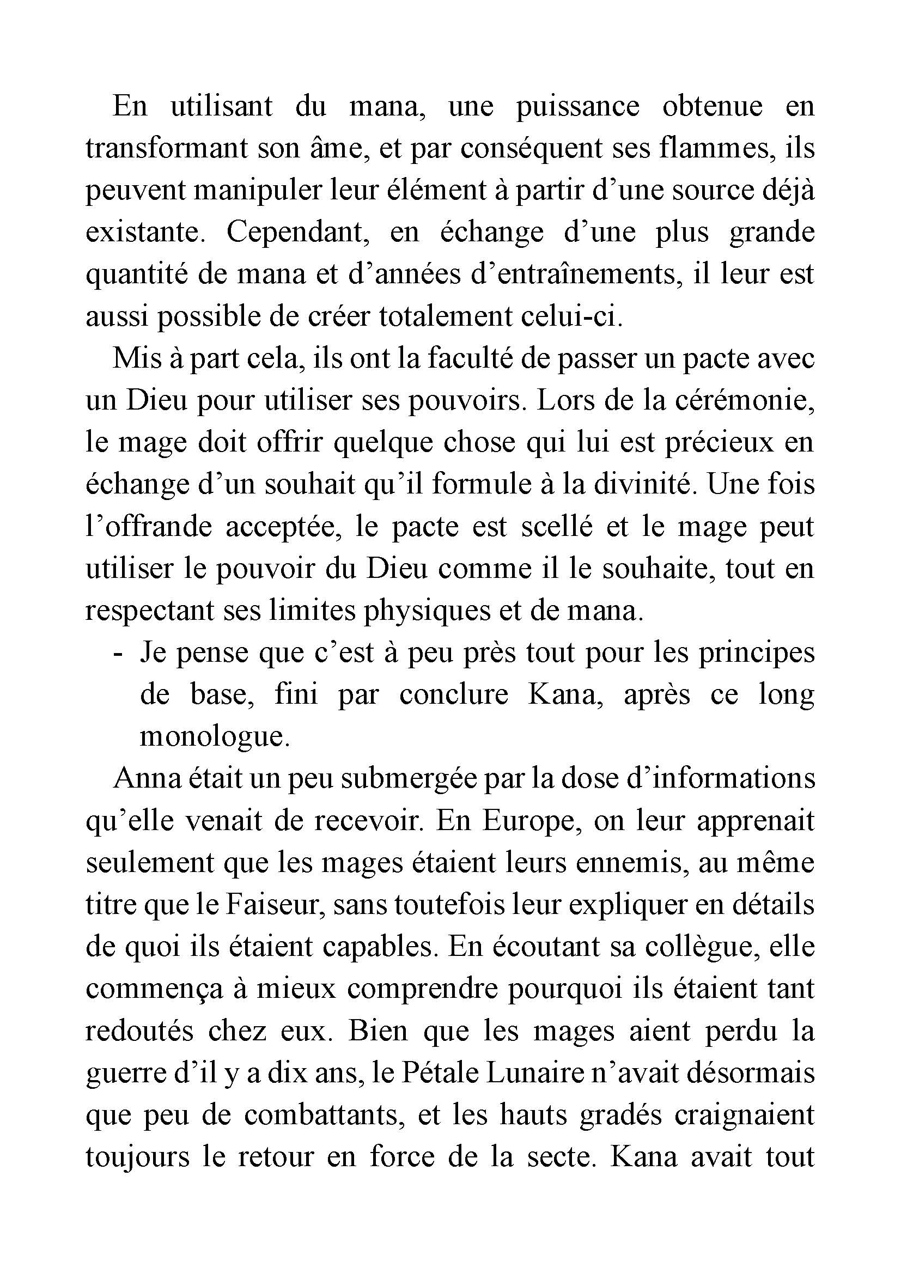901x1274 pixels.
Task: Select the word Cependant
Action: pyautogui.click(x=299, y=233)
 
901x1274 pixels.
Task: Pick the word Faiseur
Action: pyautogui.click(x=272, y=905)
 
